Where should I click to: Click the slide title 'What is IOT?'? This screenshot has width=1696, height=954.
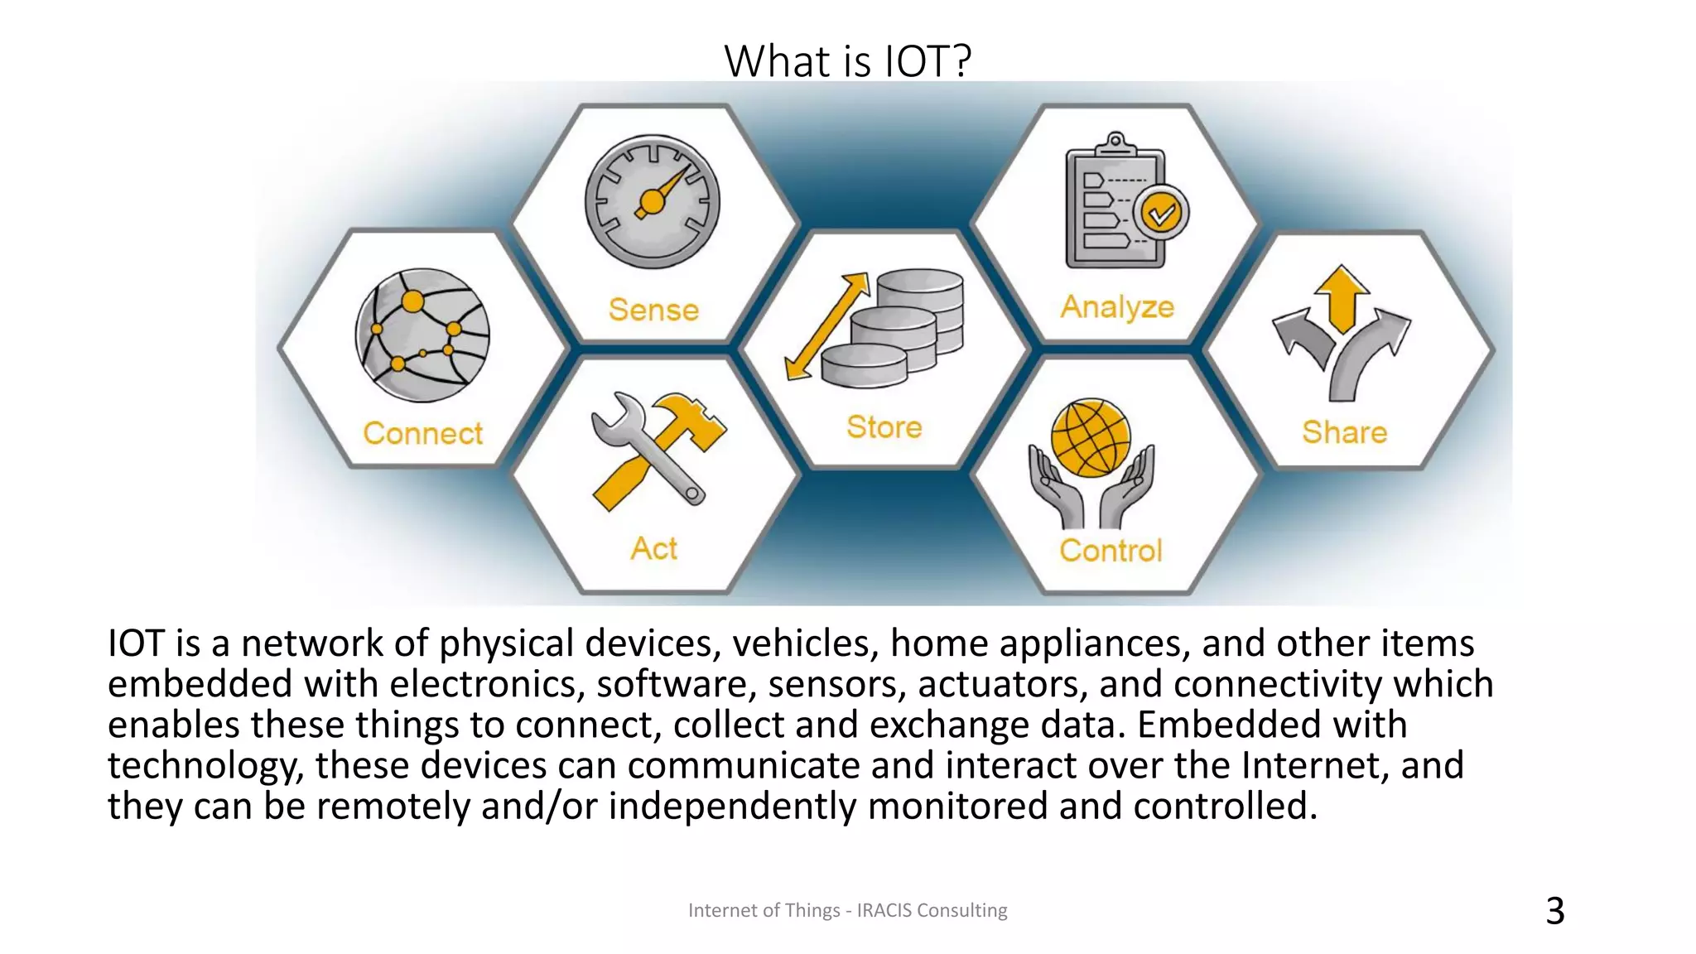click(847, 60)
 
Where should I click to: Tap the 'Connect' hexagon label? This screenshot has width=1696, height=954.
click(422, 433)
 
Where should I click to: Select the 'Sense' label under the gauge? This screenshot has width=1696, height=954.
click(653, 310)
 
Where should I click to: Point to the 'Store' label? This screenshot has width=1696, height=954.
click(884, 427)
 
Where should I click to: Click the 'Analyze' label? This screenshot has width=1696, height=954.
click(1117, 307)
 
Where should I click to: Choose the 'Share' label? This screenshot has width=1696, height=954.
click(1344, 432)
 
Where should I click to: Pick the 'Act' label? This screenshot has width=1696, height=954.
click(653, 548)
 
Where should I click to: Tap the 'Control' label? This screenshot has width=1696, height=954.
click(1111, 551)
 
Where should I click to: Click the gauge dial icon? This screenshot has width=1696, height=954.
click(653, 202)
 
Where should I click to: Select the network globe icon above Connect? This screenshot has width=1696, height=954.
click(422, 335)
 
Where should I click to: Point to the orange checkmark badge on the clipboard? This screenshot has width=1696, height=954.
click(1161, 213)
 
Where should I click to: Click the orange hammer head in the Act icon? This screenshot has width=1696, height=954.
click(691, 417)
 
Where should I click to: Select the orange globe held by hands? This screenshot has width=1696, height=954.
click(1091, 437)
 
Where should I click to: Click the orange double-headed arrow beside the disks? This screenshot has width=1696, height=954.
click(826, 326)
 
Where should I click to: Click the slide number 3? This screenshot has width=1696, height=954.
click(1554, 911)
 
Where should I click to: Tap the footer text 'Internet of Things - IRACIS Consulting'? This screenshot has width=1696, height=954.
click(847, 910)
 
